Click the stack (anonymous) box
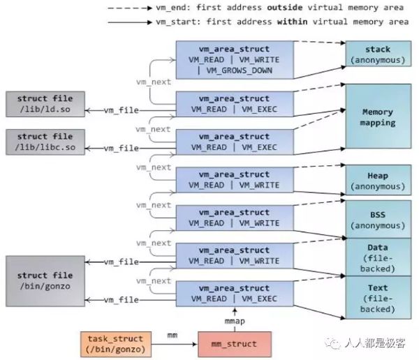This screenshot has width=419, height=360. (377, 54)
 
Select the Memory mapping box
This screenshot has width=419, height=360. (377, 117)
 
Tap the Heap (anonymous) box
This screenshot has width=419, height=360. (377, 181)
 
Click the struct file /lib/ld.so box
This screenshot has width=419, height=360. (45, 104)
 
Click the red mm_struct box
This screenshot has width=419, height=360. (234, 343)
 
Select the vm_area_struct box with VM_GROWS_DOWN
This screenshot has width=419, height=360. (234, 60)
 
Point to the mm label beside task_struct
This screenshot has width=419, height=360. (172, 336)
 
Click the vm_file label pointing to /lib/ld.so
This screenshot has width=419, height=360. (122, 110)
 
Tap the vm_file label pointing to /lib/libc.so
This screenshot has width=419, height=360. (122, 149)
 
